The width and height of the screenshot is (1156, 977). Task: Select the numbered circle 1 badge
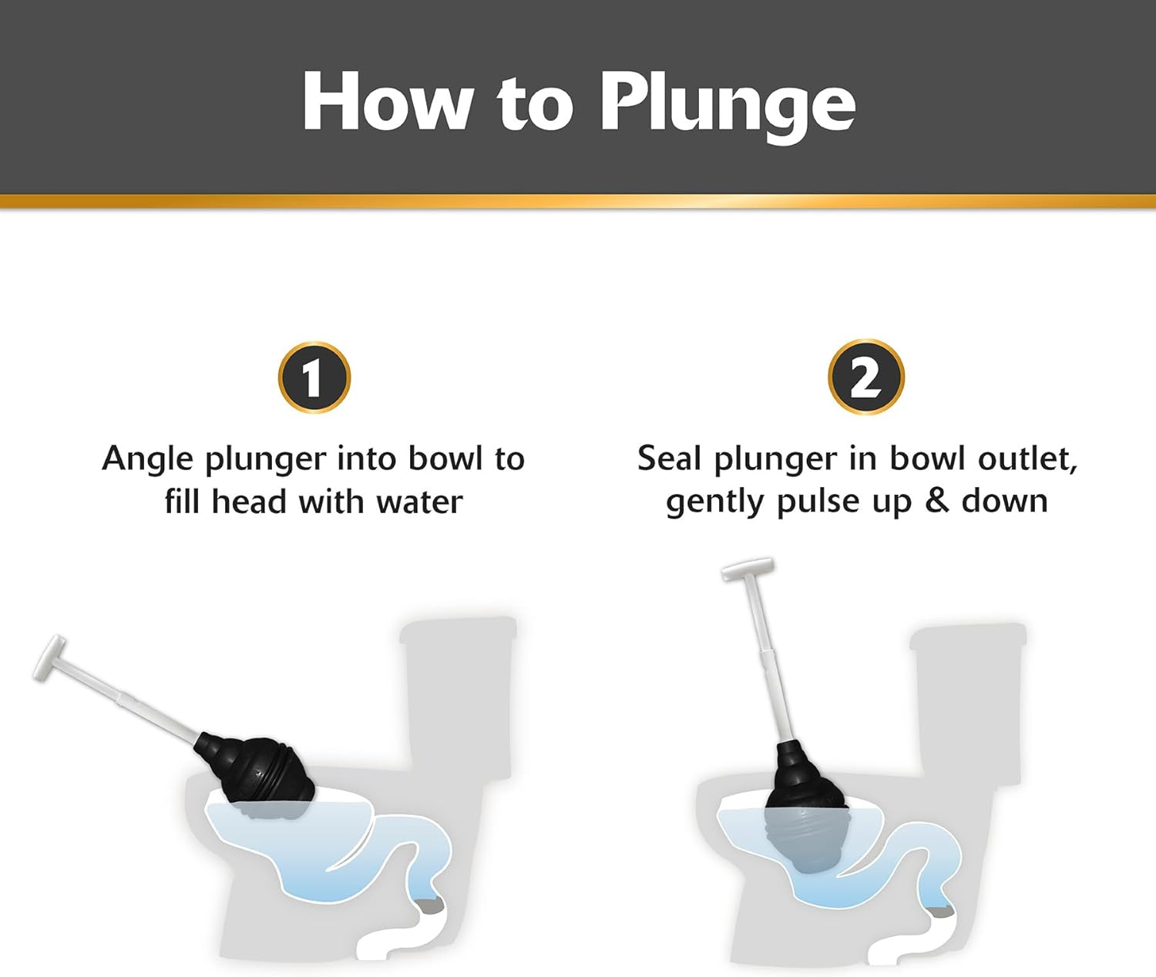pos(314,378)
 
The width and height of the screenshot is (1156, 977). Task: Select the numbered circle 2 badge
pos(865,378)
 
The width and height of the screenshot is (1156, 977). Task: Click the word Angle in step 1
pos(147,460)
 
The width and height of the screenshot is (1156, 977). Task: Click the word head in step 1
pos(249,502)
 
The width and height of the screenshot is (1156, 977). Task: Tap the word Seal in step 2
pos(668,459)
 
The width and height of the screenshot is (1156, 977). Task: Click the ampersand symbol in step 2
pos(936,501)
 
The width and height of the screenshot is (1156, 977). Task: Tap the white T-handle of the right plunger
pos(747,570)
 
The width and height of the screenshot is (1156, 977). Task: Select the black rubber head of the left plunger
pos(258,767)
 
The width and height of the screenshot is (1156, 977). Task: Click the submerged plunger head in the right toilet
pos(805,836)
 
